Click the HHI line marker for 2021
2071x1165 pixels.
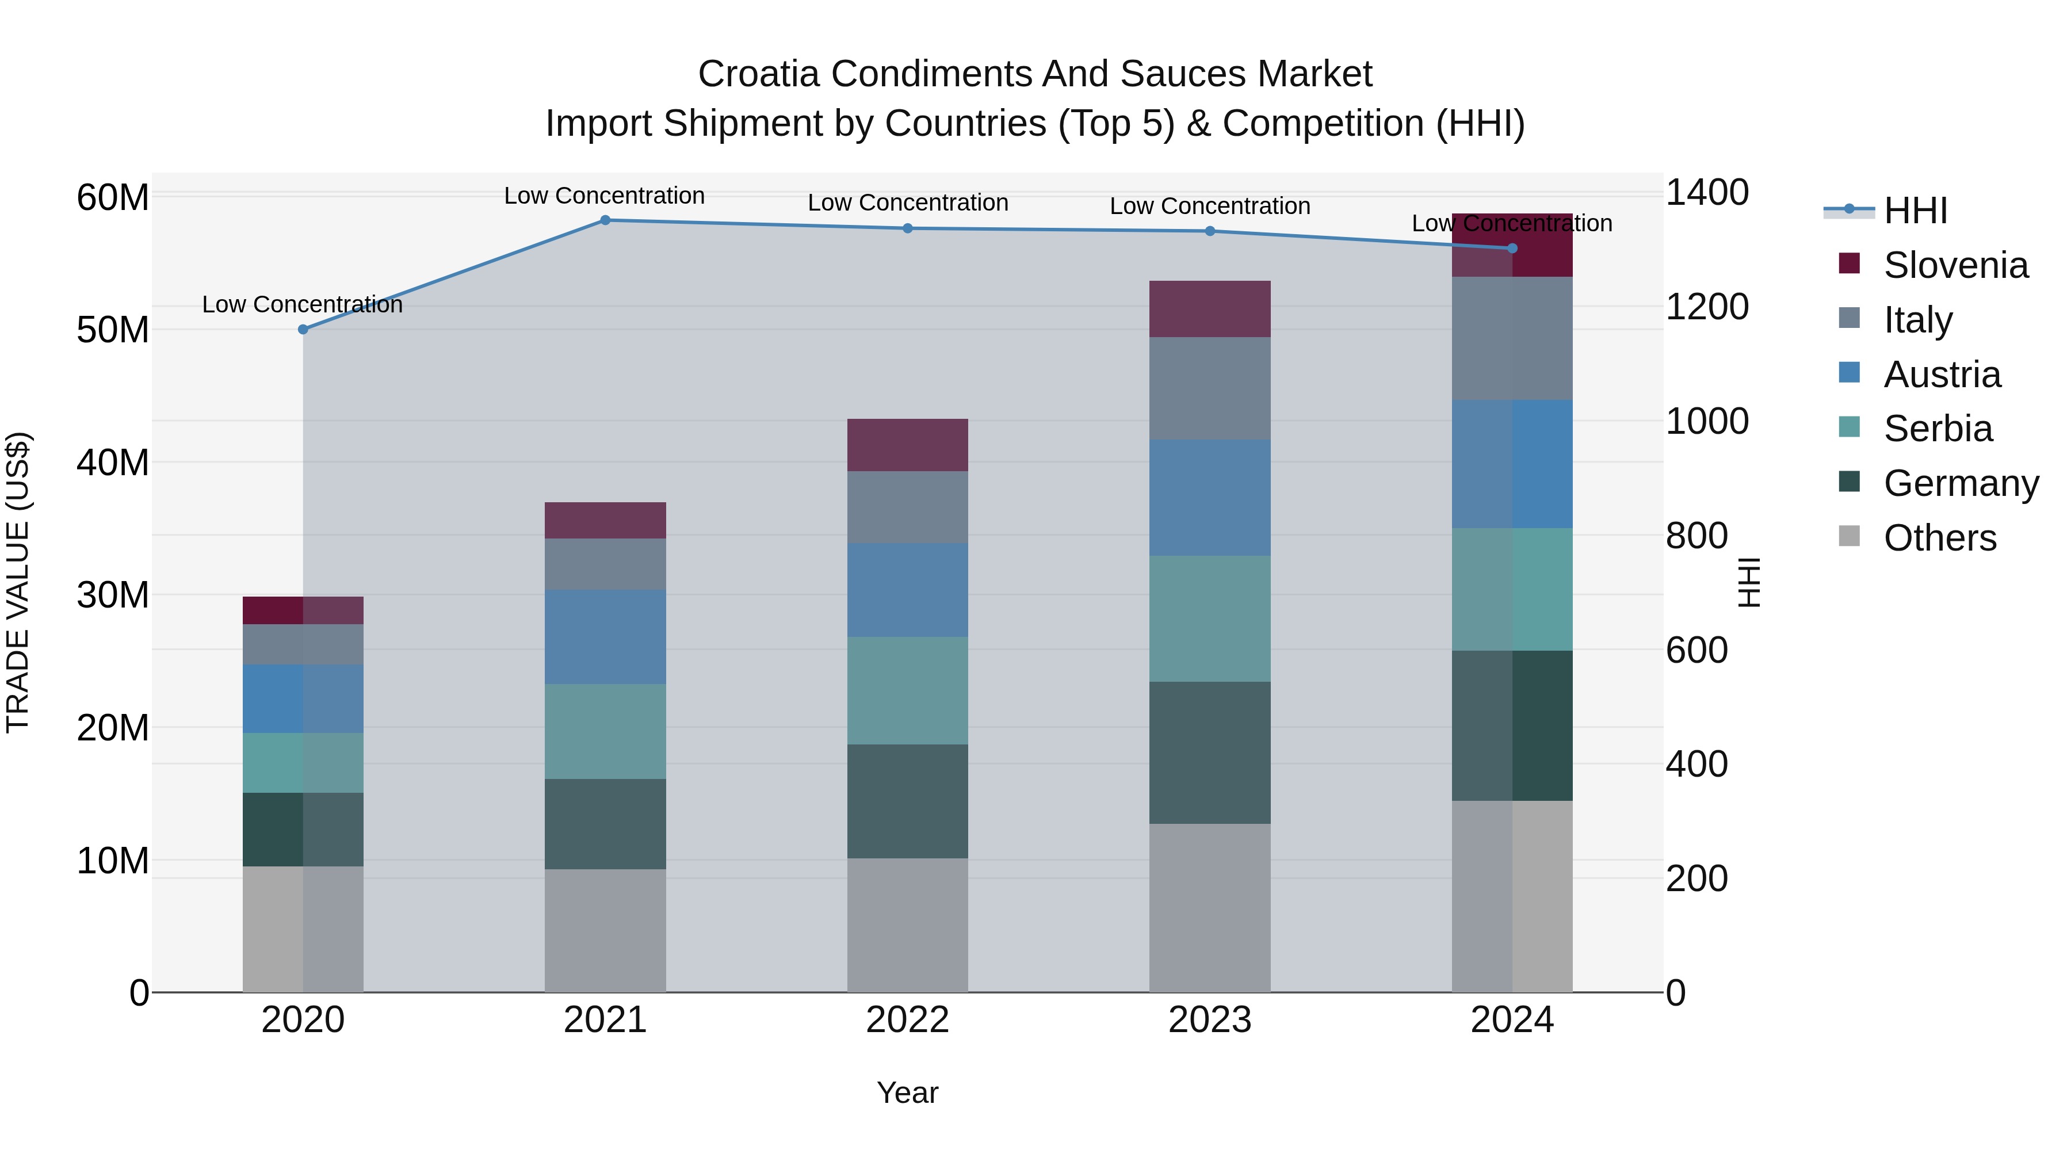pyautogui.click(x=605, y=220)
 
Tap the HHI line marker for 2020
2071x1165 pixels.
pyautogui.click(x=303, y=330)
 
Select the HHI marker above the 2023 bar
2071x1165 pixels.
pyautogui.click(x=1210, y=231)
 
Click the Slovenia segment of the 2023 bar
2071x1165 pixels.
pyautogui.click(x=1210, y=309)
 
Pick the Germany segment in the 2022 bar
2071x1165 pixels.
pyautogui.click(x=908, y=801)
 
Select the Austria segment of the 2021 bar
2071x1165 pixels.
pyautogui.click(x=605, y=637)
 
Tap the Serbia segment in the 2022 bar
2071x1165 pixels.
pyautogui.click(x=908, y=690)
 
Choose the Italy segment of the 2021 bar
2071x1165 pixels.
pyautogui.click(x=605, y=564)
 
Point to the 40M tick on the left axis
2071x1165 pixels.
pyautogui.click(x=113, y=463)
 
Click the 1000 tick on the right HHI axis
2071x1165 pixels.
pyautogui.click(x=1706, y=421)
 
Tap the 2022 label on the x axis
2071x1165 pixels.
pyautogui.click(x=908, y=1020)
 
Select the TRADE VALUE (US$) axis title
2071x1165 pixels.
pyautogui.click(x=18, y=582)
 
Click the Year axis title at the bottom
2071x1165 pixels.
pyautogui.click(x=908, y=1093)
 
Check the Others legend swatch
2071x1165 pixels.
pyautogui.click(x=1849, y=536)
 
